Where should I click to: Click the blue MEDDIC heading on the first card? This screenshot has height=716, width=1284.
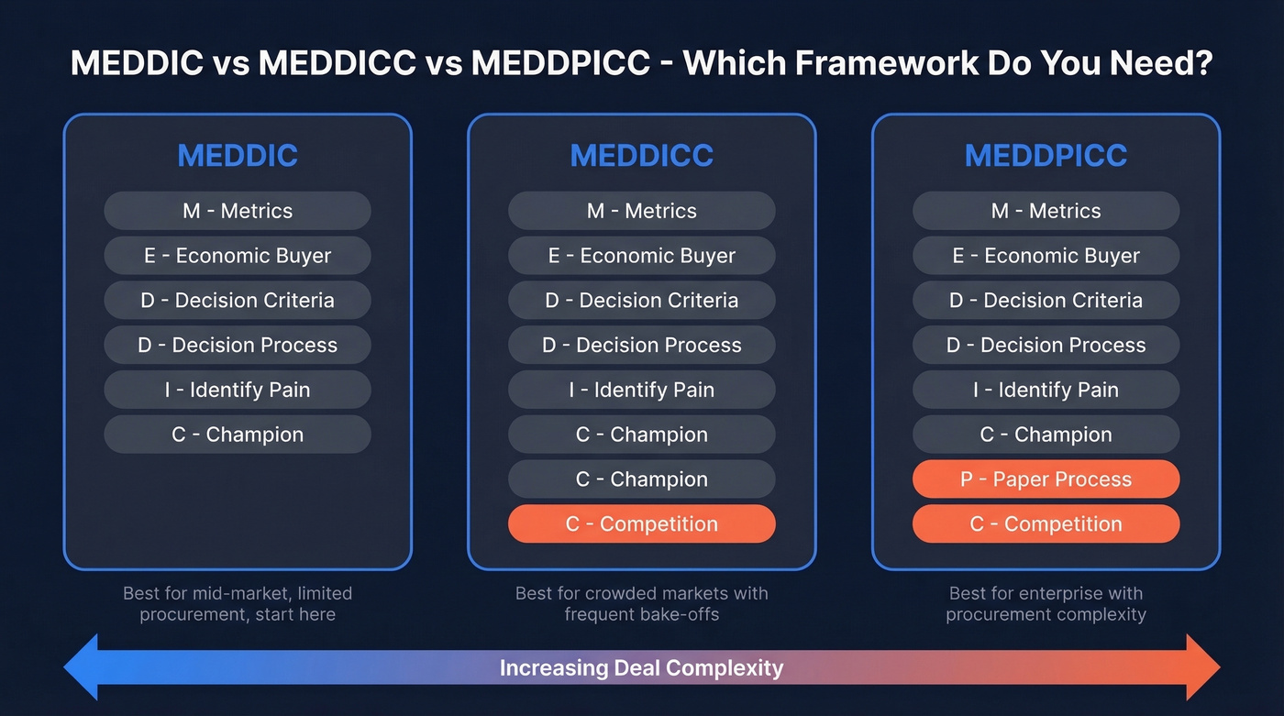(x=238, y=156)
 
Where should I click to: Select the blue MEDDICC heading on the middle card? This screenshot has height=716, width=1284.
(x=641, y=156)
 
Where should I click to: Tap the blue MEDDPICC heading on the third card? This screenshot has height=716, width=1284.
(x=1046, y=156)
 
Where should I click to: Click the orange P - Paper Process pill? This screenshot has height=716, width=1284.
(x=1046, y=479)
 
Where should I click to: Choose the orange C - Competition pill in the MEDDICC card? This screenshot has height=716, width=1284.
(x=641, y=524)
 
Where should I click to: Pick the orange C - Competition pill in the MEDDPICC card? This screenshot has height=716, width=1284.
(x=1046, y=524)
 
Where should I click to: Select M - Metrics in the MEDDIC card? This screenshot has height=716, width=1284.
(x=238, y=211)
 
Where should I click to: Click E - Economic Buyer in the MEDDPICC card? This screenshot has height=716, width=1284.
(x=1046, y=256)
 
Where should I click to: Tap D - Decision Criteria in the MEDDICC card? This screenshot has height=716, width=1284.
(x=641, y=301)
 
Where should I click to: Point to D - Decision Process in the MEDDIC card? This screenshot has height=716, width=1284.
(x=238, y=346)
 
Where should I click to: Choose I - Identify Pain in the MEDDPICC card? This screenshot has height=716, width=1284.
(x=1046, y=391)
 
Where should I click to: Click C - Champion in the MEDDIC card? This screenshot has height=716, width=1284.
(x=238, y=435)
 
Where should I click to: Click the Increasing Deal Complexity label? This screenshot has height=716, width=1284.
(x=641, y=667)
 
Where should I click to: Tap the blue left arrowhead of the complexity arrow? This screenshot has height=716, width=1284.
(x=83, y=666)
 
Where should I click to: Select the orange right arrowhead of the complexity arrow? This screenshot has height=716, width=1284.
(x=1201, y=666)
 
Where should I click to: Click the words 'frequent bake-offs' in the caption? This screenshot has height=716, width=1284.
(x=641, y=614)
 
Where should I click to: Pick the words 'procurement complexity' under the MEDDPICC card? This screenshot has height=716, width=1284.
(x=1046, y=614)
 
